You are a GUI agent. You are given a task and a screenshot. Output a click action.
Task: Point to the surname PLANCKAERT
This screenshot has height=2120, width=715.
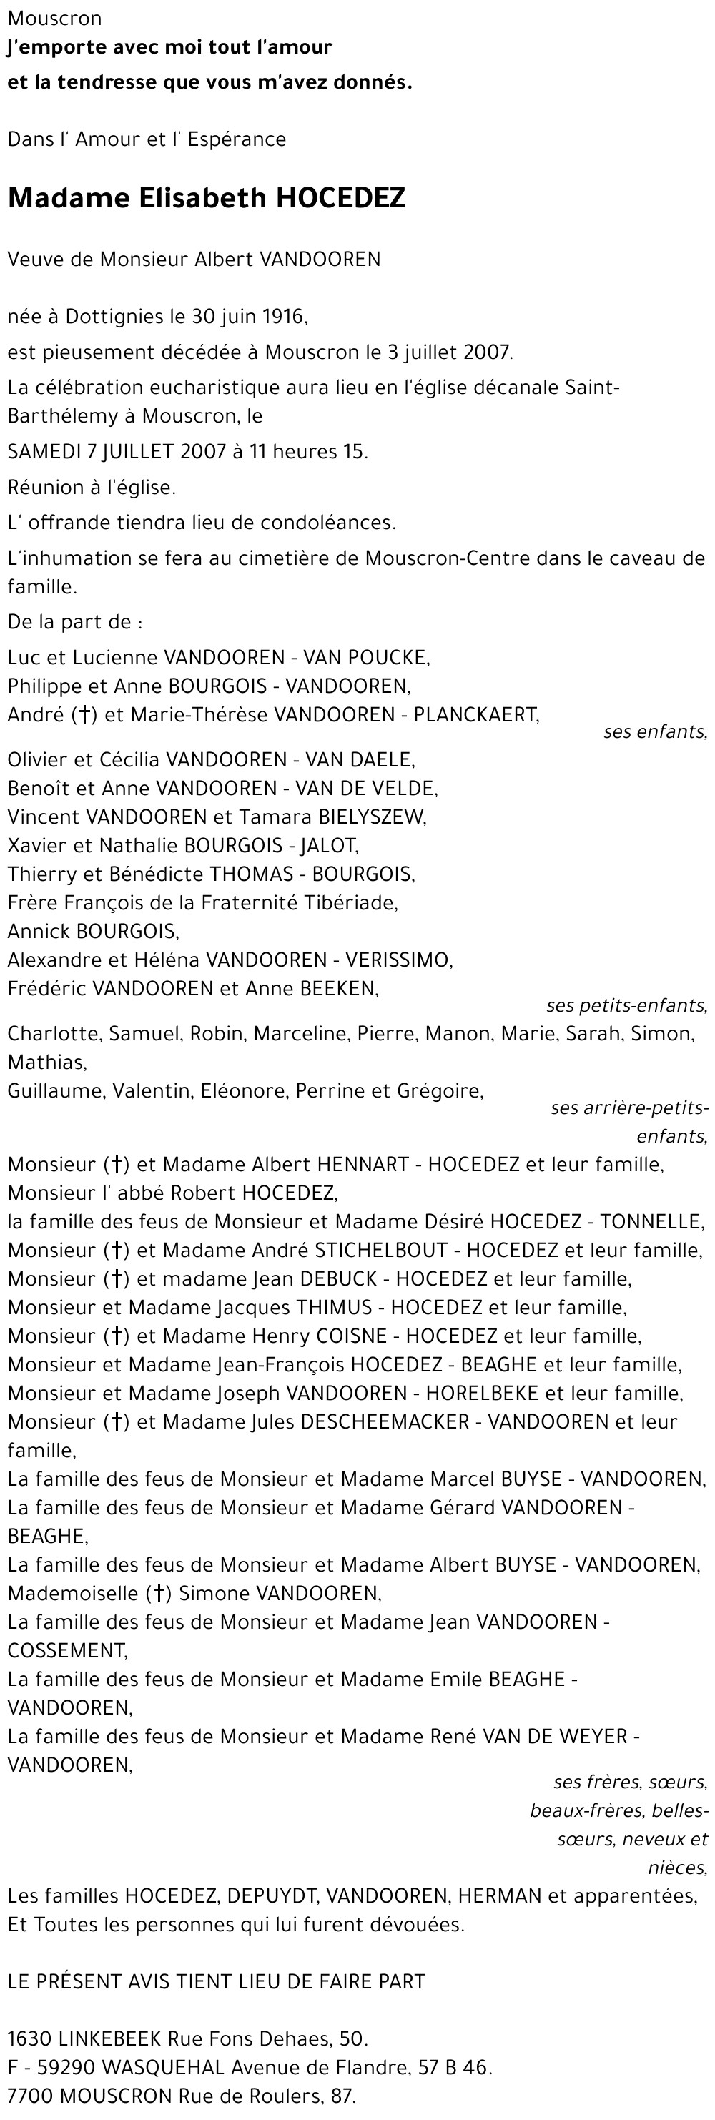pyautogui.click(x=475, y=714)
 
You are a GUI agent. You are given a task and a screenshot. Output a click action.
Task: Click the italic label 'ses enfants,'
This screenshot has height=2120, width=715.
pyautogui.click(x=655, y=731)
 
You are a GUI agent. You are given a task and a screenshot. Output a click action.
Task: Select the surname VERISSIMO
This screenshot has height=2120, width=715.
pyautogui.click(x=398, y=960)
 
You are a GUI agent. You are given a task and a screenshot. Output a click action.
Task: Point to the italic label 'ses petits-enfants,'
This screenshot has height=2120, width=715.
pyautogui.click(x=626, y=1006)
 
